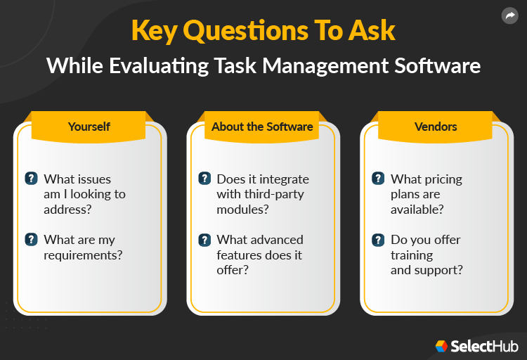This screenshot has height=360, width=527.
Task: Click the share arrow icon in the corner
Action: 509,15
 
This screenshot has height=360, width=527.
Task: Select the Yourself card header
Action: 89,127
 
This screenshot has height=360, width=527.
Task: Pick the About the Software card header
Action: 262,127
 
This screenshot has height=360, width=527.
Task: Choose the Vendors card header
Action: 436,127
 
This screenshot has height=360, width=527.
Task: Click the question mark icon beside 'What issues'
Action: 31,179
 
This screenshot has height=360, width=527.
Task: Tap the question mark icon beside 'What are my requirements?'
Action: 31,239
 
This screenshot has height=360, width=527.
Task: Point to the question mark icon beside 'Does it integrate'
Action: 204,179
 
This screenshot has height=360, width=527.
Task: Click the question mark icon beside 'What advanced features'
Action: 204,239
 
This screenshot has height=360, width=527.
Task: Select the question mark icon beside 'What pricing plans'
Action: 378,179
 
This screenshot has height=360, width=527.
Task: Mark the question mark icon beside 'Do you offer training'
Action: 378,239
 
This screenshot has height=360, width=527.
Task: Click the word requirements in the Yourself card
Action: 83,255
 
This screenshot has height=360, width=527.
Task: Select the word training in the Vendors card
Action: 412,255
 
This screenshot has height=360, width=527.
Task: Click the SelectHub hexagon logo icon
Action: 441,346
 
